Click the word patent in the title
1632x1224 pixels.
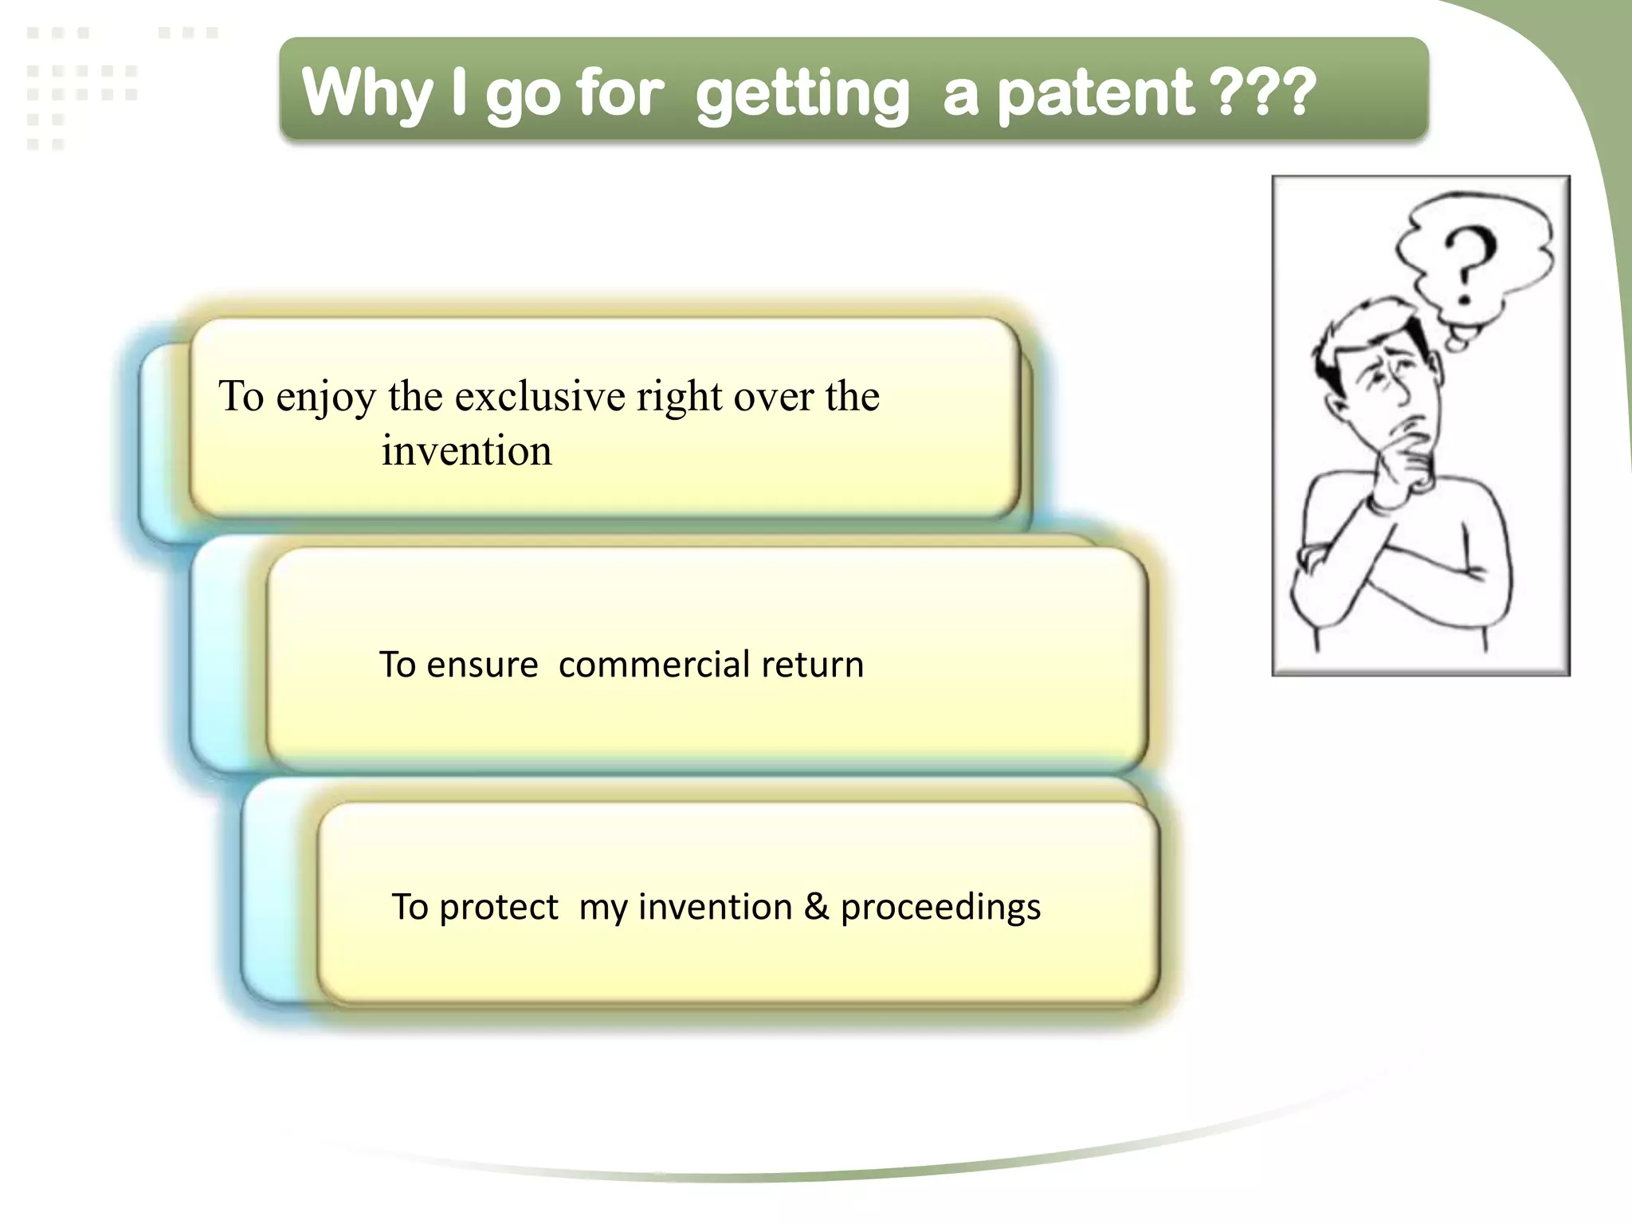click(1096, 94)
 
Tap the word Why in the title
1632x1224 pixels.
click(367, 94)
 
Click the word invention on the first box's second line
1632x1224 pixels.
click(466, 451)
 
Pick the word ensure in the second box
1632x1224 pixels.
click(482, 665)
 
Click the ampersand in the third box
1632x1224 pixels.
click(816, 906)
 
